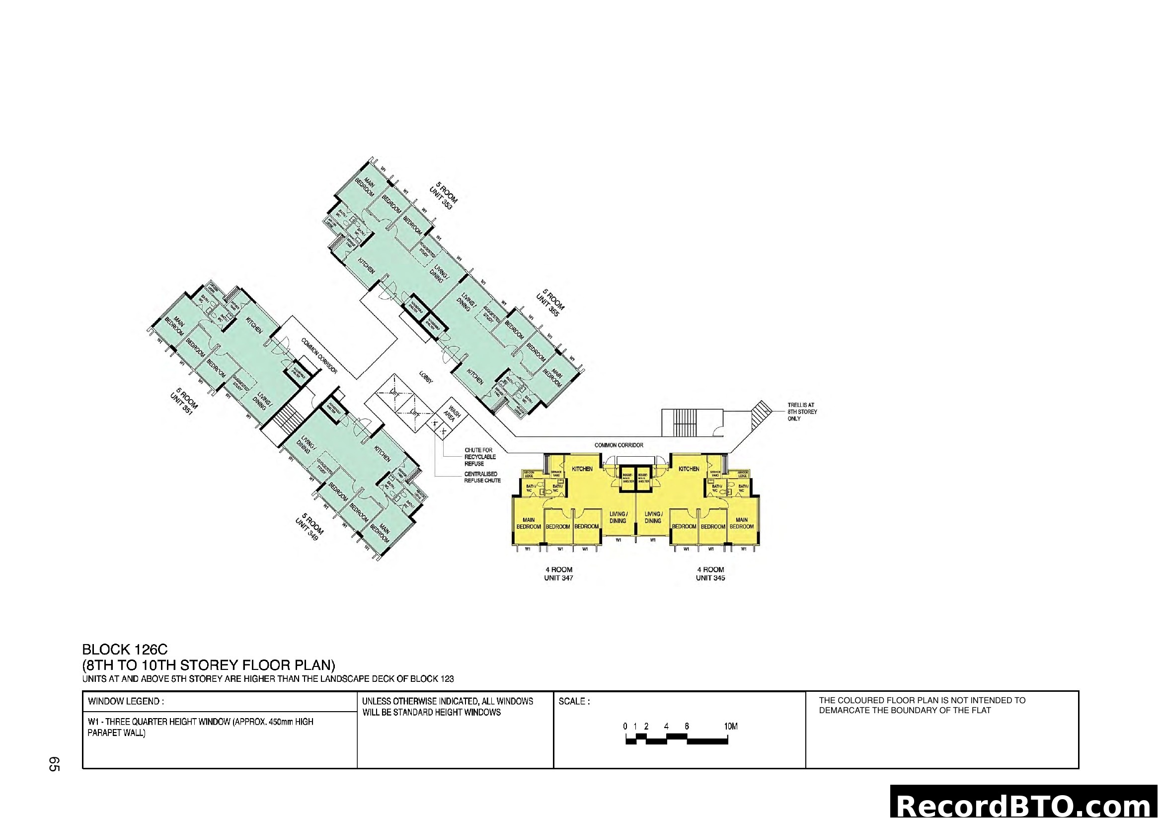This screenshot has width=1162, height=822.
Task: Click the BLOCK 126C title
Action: [x=125, y=650]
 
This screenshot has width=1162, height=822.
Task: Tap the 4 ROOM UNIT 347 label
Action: [x=559, y=574]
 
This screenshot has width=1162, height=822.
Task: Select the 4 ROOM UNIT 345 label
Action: [x=710, y=574]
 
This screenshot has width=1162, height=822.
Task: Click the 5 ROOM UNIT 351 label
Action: [x=184, y=402]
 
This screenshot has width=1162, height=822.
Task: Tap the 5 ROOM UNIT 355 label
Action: [x=549, y=303]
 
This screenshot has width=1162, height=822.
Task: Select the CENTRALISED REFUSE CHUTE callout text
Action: [x=482, y=477]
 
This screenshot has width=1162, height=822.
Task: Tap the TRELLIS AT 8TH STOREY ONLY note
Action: [x=802, y=412]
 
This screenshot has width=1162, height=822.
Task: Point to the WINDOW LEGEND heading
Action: [x=126, y=702]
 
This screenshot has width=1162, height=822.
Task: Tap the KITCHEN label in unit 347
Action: [x=582, y=469]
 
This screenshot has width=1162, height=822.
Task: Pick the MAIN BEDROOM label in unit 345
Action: [x=741, y=523]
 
